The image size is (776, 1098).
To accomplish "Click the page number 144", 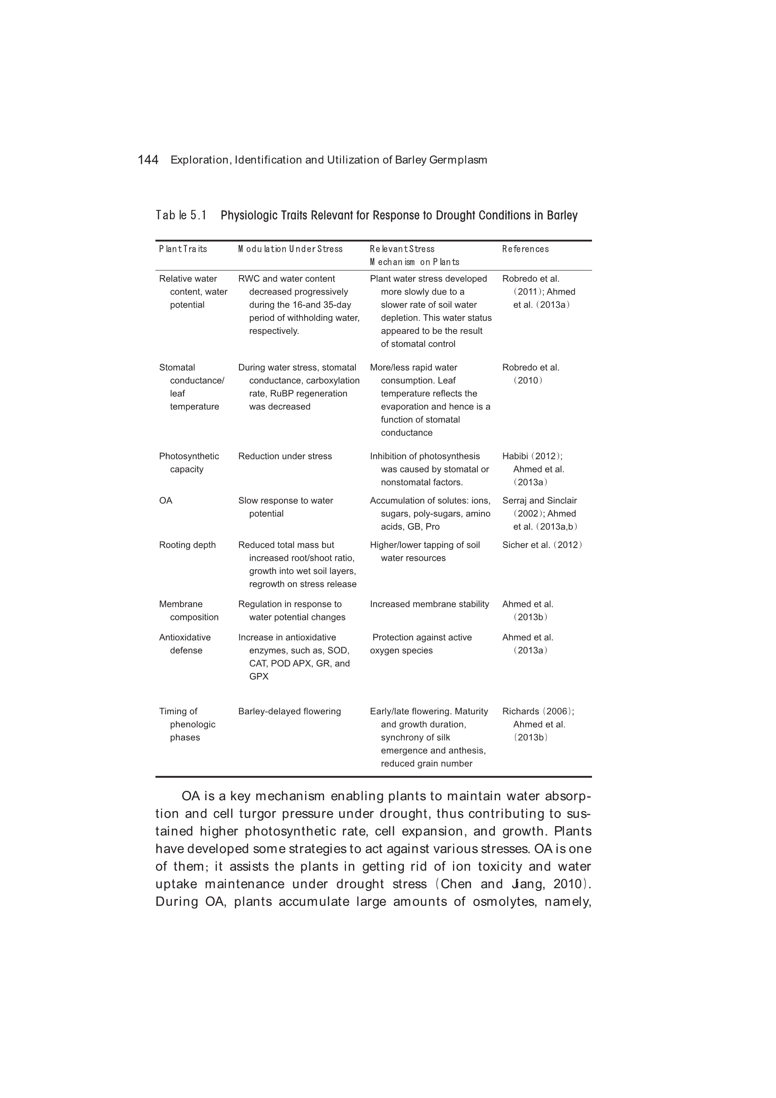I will (148, 160).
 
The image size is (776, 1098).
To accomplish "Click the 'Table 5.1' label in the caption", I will (181, 215).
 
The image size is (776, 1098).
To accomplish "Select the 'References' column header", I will (525, 249).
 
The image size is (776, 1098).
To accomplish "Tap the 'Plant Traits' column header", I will (183, 249).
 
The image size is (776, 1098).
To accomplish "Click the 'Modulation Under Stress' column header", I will (290, 249).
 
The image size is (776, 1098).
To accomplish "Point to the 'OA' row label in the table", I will (165, 500).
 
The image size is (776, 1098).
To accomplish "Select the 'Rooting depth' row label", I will (187, 545).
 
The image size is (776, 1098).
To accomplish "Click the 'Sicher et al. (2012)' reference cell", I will (542, 545).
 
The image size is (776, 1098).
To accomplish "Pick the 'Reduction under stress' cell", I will (284, 456).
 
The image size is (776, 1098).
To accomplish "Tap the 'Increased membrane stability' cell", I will (430, 604).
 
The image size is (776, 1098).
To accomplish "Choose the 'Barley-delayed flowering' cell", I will (289, 711).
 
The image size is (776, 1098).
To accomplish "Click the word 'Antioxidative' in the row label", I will (184, 637).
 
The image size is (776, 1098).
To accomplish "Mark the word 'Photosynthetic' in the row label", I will (189, 456).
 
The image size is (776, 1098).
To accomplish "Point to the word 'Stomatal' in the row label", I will (177, 367).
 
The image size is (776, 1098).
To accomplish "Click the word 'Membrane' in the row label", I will (181, 604).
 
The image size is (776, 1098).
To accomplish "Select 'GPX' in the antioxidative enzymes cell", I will (259, 676).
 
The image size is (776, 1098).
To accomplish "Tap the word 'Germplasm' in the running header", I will (458, 160).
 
